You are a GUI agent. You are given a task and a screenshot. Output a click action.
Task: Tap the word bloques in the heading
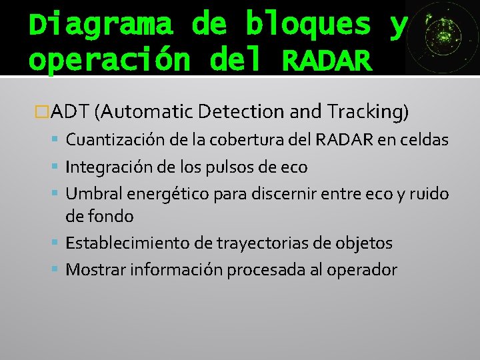pyautogui.click(x=308, y=24)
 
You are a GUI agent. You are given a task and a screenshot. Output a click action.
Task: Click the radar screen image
pyautogui.click(x=441, y=37)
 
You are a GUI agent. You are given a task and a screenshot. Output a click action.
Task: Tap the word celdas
pyautogui.click(x=427, y=140)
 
